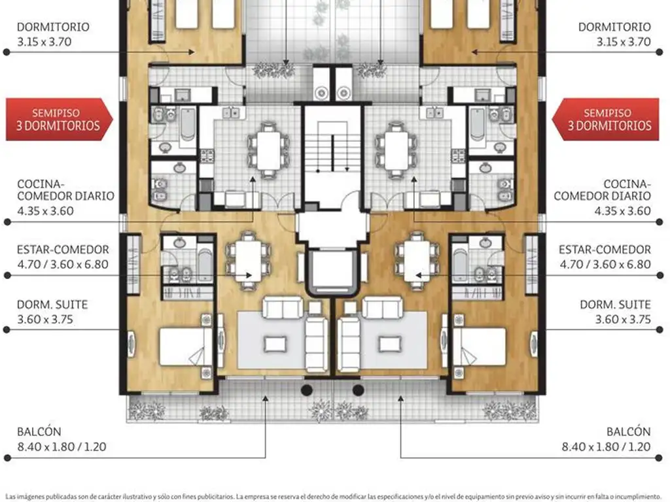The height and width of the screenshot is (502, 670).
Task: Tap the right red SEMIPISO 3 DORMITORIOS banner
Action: (610, 119)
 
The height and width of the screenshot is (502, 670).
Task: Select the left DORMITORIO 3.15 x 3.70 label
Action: (53, 34)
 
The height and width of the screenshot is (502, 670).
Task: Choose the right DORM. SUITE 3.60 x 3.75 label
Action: (614, 312)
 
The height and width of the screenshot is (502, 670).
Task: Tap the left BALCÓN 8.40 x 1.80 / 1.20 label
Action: (62, 439)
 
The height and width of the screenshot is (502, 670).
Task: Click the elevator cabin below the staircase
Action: (334, 270)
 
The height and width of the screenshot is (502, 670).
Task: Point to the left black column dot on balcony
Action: (306, 390)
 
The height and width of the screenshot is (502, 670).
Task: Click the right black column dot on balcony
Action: (358, 390)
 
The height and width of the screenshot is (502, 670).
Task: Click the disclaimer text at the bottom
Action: (335, 495)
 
